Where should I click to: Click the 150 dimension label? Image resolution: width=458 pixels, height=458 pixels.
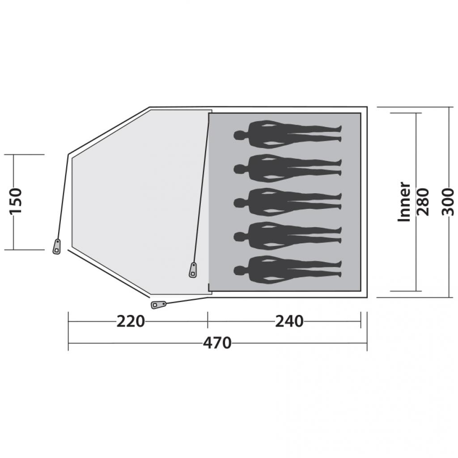tap(16, 201)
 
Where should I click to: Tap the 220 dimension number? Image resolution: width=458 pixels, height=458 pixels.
tap(131, 321)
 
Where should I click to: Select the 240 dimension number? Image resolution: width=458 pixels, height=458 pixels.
tap(289, 321)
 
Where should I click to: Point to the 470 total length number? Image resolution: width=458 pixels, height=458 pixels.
tap(217, 343)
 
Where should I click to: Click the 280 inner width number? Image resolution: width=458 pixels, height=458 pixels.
tap(423, 202)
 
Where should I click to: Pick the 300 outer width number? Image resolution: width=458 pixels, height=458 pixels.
tap(448, 202)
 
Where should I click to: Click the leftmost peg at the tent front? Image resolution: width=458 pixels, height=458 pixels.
tap(57, 246)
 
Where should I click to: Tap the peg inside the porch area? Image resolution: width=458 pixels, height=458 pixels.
tap(193, 270)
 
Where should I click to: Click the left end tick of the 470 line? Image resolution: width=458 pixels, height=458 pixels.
tap(68, 343)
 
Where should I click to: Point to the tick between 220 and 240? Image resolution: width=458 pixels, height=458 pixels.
tap(208, 321)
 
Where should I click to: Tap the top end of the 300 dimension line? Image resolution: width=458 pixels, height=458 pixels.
tap(448, 107)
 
